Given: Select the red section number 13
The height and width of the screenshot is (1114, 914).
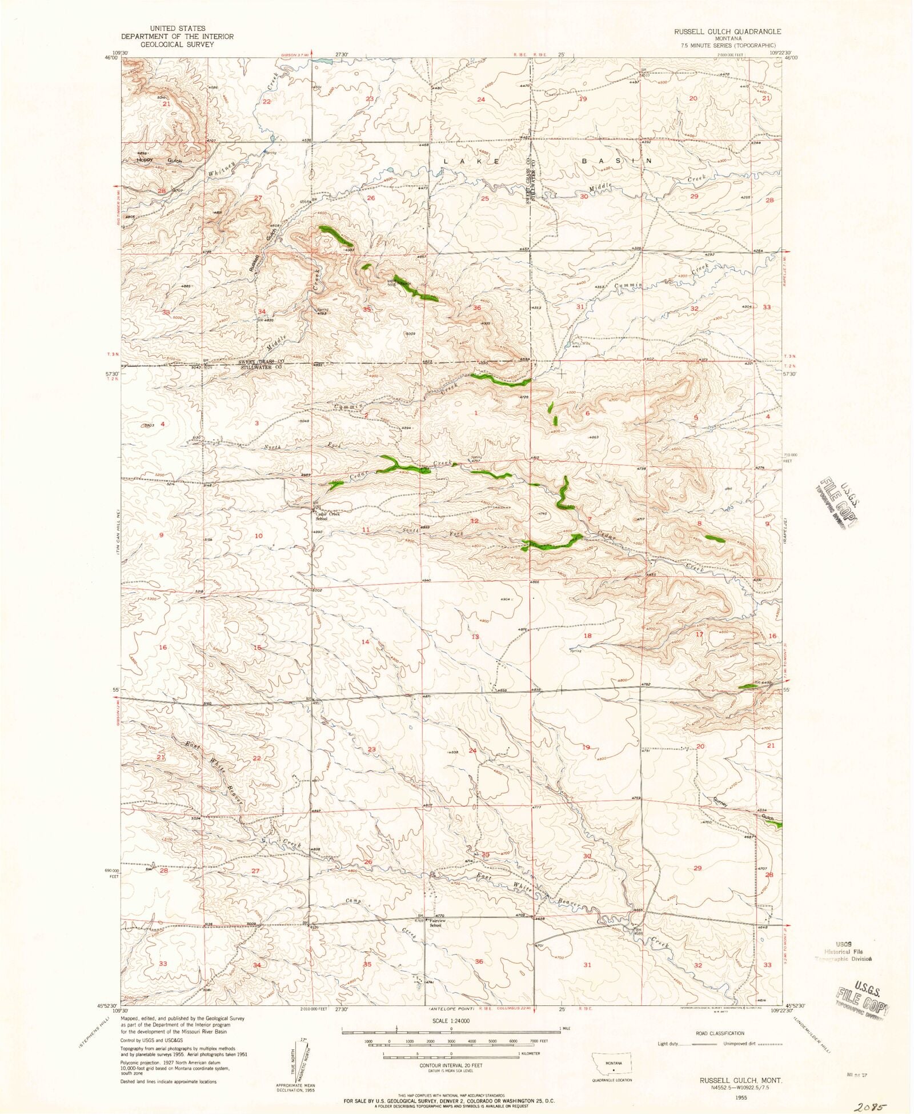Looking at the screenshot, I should [x=475, y=637].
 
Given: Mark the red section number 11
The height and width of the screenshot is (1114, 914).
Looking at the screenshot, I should [x=366, y=530].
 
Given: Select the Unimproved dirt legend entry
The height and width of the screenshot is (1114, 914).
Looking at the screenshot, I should [x=756, y=1044].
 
